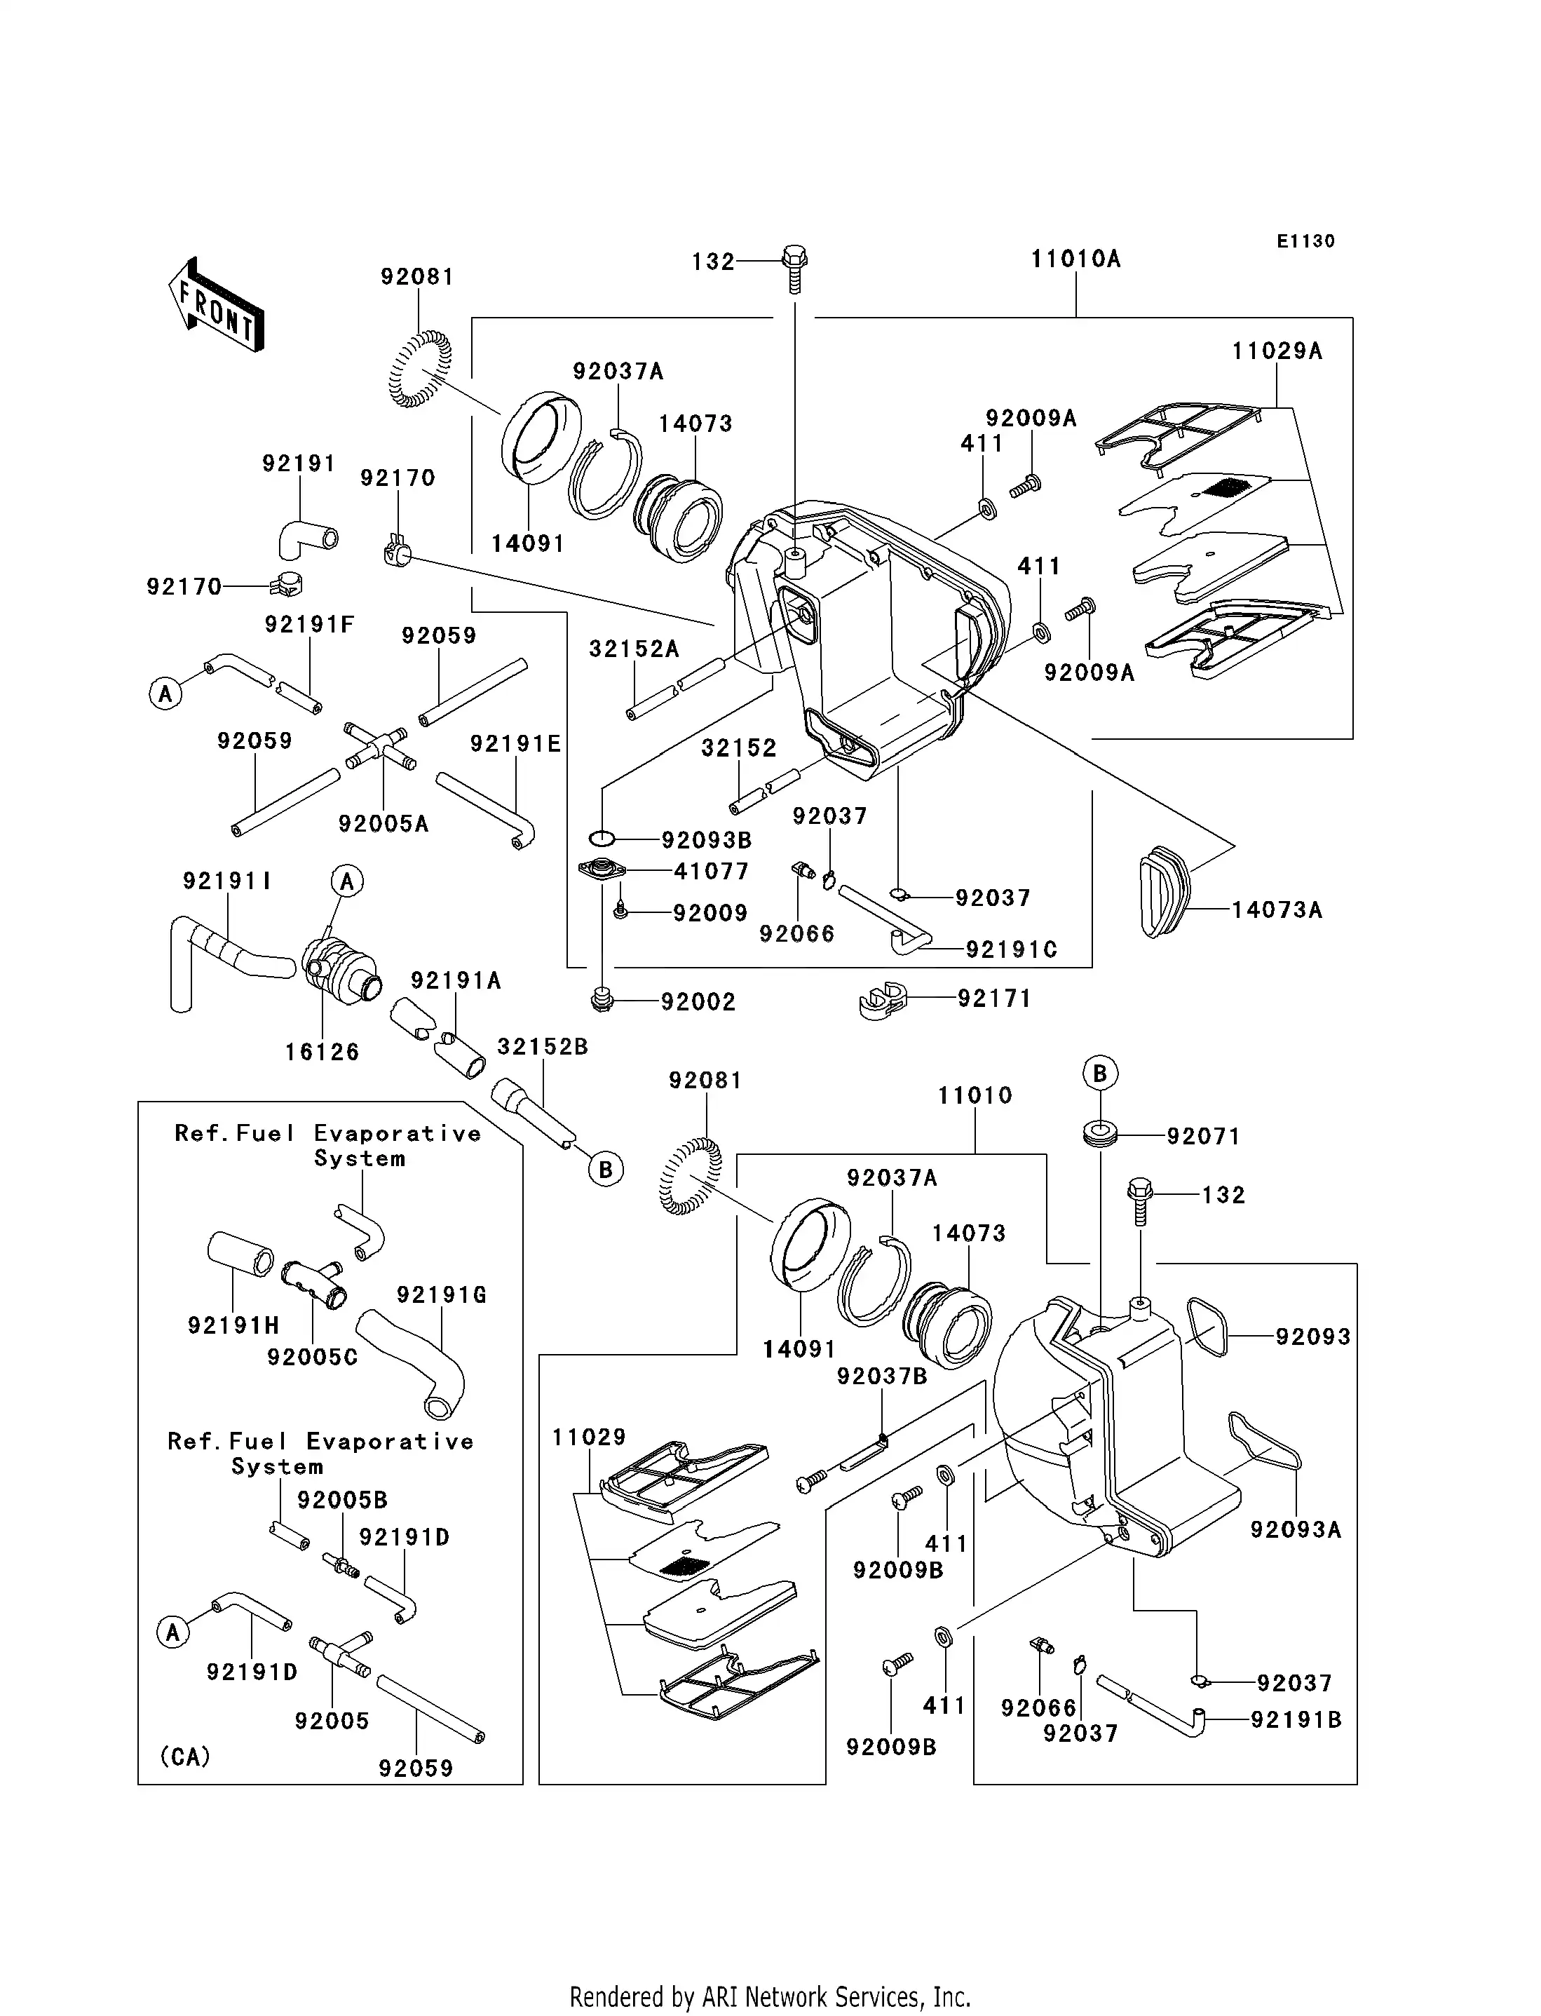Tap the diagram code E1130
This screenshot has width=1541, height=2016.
pos(1305,241)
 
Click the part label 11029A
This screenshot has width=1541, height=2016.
pos(1276,351)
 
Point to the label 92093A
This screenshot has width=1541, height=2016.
pos(1295,1530)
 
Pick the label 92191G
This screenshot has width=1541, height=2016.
pos(441,1295)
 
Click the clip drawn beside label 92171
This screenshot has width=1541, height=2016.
pos(883,1001)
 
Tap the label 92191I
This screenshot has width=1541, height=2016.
pos(226,881)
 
